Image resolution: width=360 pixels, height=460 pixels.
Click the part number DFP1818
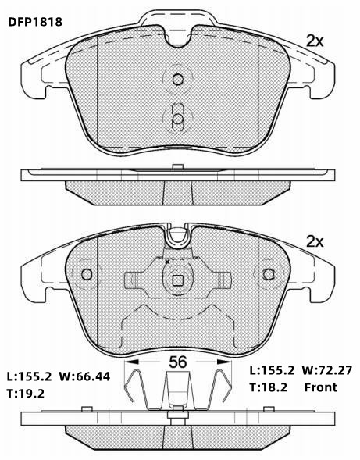click(35, 22)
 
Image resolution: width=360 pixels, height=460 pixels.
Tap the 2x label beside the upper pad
click(315, 41)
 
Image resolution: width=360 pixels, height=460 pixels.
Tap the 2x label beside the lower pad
click(315, 242)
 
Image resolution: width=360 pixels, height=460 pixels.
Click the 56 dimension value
click(178, 362)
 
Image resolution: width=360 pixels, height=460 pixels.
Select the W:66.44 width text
click(85, 376)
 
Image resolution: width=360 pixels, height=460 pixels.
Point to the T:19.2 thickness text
click(26, 394)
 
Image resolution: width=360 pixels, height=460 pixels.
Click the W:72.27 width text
click(326, 370)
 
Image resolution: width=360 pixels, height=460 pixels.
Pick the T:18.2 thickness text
click(268, 387)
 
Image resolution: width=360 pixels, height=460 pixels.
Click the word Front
click(321, 387)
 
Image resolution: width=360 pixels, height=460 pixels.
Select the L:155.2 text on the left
click(30, 376)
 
